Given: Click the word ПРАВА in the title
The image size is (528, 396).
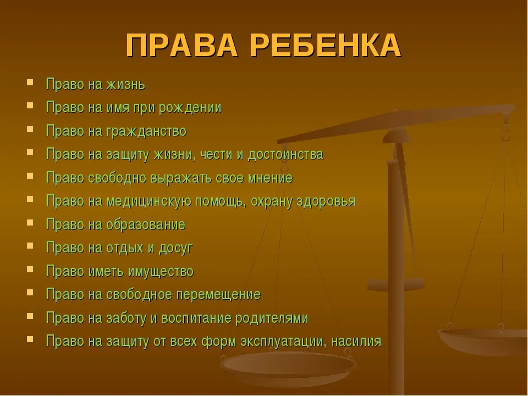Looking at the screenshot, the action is point(182,46).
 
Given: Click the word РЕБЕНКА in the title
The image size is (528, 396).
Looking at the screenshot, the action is point(326,46).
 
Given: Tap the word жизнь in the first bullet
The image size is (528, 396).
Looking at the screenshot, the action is point(125,84).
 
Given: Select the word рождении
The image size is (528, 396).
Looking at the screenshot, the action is point(190,108).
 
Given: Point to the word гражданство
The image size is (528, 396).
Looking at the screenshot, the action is point(146,131).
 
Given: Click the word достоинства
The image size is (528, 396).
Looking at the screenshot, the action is point(285,155).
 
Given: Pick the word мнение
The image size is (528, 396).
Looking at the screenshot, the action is point(271,178).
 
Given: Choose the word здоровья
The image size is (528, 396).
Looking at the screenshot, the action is point(326,201).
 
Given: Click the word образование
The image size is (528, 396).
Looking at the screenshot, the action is point(146,224).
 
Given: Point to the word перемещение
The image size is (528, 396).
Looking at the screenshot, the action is point(218,295).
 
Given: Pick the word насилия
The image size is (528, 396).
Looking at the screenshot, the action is point(356,342).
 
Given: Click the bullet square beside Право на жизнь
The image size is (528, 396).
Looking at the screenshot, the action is point(30,82).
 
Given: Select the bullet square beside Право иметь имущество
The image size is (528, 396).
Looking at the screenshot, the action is point(30,269).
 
